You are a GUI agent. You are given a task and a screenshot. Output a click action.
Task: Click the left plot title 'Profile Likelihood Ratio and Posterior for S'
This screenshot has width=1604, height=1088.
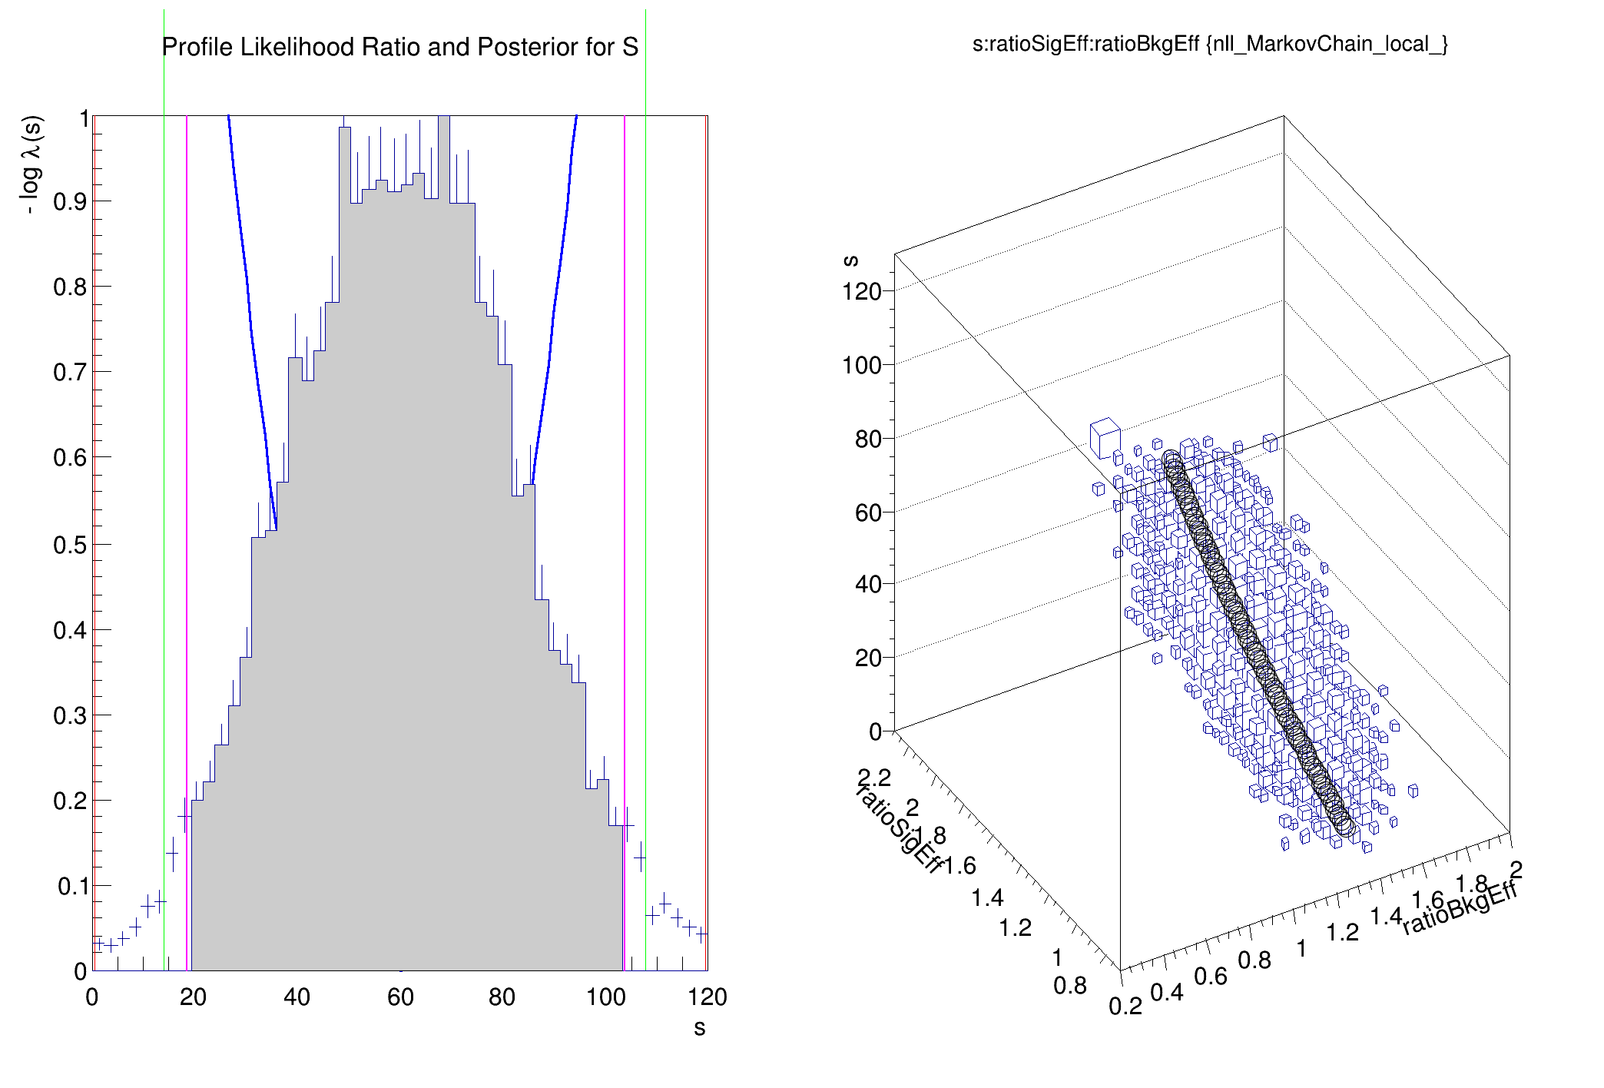(x=399, y=48)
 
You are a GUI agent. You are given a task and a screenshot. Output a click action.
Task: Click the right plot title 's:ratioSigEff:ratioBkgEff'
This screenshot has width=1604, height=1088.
(x=1210, y=44)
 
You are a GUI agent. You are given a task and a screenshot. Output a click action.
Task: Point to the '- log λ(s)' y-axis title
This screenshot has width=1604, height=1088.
(x=31, y=165)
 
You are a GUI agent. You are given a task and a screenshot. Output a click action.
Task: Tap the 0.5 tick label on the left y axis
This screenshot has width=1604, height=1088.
(x=69, y=545)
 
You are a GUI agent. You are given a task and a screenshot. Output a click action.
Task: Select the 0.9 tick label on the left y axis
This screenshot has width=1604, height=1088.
(x=69, y=202)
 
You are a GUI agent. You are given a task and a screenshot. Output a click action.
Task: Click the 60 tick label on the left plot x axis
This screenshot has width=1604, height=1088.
(x=400, y=997)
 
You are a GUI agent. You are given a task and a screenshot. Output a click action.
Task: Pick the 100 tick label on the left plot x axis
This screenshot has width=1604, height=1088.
(x=606, y=997)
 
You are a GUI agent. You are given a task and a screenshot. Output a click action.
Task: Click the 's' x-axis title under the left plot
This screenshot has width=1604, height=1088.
(x=699, y=1028)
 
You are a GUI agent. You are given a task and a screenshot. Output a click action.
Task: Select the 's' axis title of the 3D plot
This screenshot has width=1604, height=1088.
(x=850, y=260)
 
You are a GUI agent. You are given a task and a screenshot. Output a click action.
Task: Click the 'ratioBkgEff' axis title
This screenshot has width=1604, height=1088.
(x=1460, y=907)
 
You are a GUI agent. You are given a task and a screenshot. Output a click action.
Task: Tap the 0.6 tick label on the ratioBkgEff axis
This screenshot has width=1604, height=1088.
(x=1210, y=977)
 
